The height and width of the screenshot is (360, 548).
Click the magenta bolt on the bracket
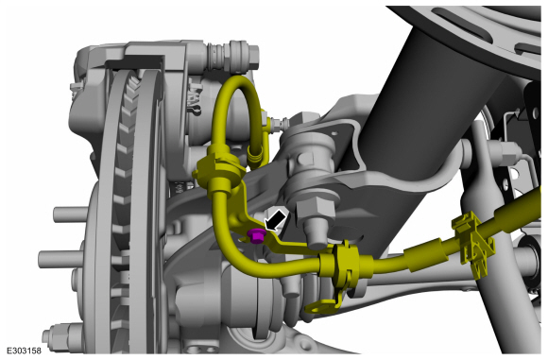(256, 235)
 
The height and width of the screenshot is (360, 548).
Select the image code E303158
(24, 351)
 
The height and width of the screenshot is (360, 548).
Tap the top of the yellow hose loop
(238, 79)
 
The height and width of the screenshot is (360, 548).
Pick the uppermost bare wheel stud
(70, 214)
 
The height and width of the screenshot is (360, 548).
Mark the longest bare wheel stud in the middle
(60, 259)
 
